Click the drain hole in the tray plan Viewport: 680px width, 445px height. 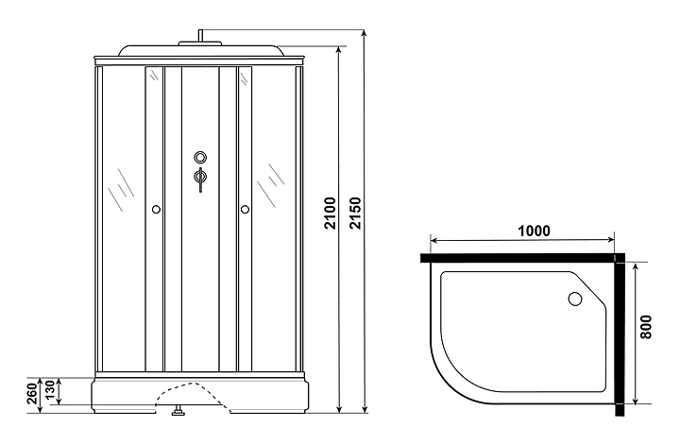point(574,300)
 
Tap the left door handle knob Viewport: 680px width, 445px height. point(155,208)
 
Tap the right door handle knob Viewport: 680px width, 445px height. point(245,208)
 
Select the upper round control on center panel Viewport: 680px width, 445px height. point(199,158)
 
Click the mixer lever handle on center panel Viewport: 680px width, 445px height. point(199,180)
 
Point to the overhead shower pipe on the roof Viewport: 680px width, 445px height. point(199,38)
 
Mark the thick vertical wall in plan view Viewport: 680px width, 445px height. point(620,335)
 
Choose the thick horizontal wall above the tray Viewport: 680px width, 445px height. point(519,256)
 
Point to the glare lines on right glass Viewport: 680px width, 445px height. point(274,176)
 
